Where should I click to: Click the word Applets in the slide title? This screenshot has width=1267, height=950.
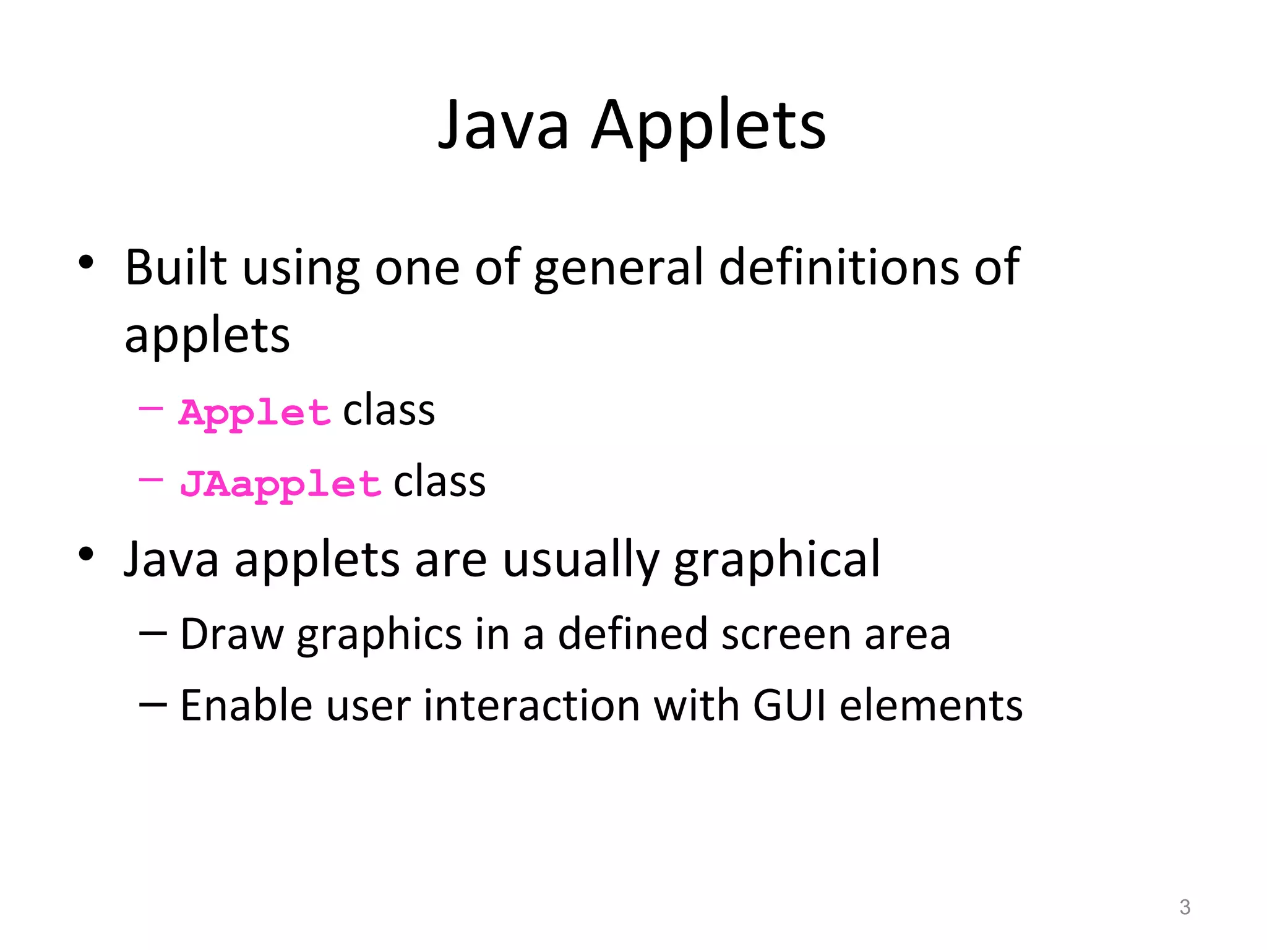point(708,127)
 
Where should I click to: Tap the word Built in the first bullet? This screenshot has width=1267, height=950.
point(176,267)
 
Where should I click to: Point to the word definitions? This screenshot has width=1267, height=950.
point(838,267)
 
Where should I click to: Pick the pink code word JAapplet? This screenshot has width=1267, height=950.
point(280,484)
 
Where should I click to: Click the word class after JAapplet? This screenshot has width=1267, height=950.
point(439,482)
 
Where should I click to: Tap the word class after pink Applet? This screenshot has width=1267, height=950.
point(389,411)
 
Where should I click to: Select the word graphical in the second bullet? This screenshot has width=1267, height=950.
point(776,560)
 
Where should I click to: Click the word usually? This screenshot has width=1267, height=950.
point(580,560)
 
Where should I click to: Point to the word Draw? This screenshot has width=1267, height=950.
point(231,635)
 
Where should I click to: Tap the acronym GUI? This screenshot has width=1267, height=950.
point(789,706)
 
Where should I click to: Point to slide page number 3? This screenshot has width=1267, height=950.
point(1185,907)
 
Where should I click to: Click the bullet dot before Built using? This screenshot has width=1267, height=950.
point(86,263)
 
